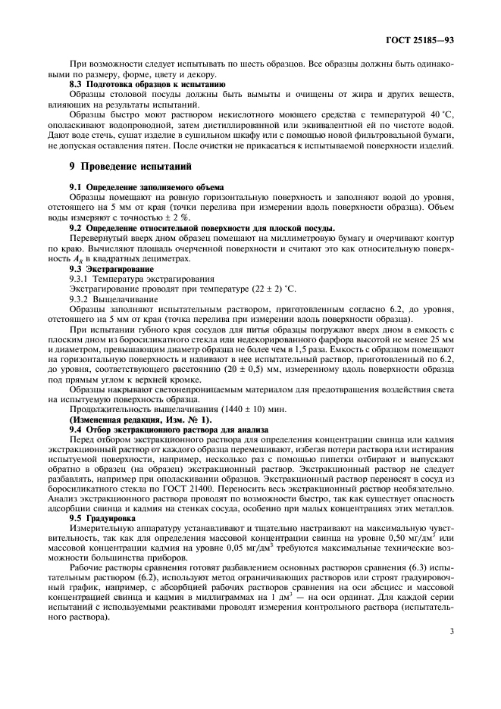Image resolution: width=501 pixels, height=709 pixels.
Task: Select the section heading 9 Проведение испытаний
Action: (125, 166)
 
